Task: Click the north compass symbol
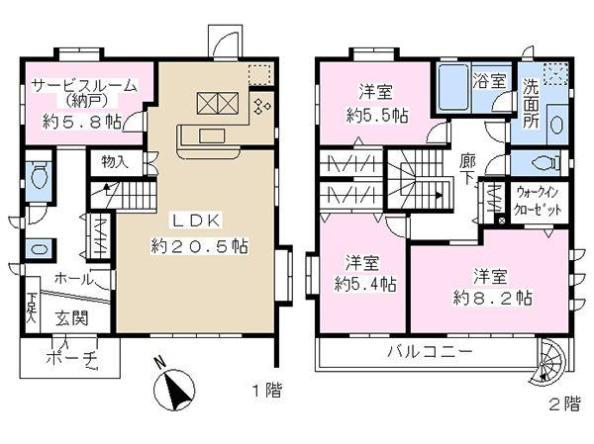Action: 173,390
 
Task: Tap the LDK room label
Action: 197,221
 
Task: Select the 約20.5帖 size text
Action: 200,246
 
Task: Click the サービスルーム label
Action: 84,86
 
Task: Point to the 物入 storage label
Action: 115,162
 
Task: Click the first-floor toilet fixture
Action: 39,176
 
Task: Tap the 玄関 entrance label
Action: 72,318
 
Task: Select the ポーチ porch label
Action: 72,357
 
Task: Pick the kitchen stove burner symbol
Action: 261,107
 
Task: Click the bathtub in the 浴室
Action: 452,88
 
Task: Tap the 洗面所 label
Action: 532,103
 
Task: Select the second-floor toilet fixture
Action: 546,164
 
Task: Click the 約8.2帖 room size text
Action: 492,299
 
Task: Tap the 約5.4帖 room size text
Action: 365,284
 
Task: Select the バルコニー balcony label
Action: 430,352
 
